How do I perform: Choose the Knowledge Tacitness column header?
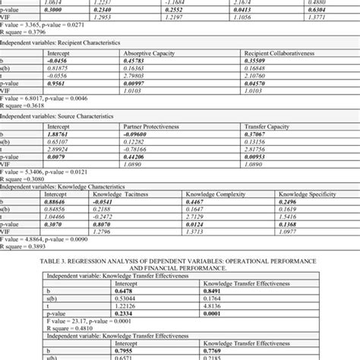click(x=127, y=194)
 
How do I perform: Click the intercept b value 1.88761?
click(x=57, y=134)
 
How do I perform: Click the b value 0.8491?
click(x=211, y=292)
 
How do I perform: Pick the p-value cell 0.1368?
click(x=286, y=223)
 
